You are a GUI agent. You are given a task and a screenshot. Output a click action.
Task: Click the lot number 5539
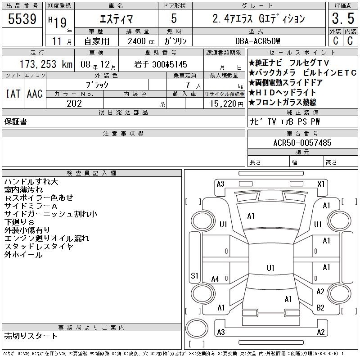(22, 19)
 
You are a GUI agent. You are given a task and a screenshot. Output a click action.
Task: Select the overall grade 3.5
(343, 18)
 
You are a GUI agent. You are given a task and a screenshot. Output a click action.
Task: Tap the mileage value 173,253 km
(46, 64)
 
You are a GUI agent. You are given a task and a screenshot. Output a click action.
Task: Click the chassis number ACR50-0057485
(302, 143)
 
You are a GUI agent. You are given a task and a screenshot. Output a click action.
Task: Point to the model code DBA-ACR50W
(257, 41)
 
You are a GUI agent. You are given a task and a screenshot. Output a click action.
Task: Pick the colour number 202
(74, 103)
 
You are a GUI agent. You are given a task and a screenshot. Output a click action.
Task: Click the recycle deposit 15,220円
(227, 104)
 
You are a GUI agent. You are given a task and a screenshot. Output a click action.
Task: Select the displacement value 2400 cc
(141, 41)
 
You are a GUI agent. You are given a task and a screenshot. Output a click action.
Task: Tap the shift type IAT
(13, 94)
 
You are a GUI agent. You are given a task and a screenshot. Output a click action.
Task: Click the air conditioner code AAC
(35, 94)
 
